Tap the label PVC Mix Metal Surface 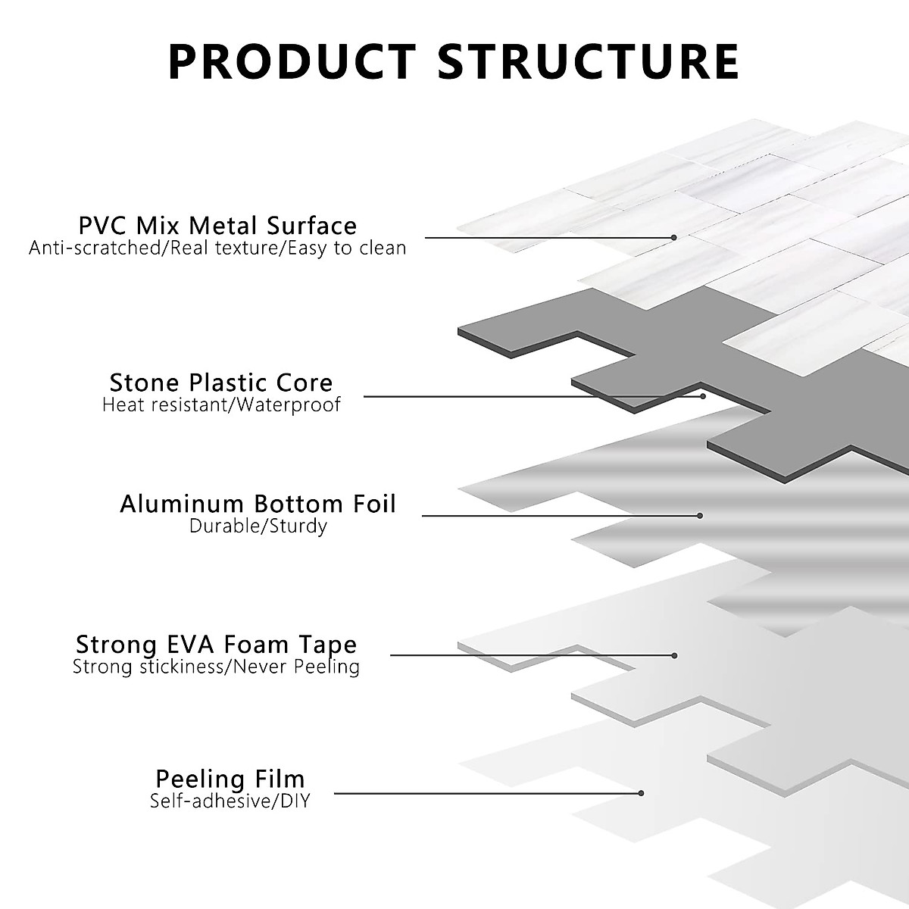(217, 225)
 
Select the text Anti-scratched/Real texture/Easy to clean (217, 248)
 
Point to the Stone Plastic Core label (221, 382)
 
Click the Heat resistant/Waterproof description (221, 405)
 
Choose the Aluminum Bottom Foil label (258, 504)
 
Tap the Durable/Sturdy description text (258, 526)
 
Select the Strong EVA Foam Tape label (216, 645)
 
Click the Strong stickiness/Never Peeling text (216, 667)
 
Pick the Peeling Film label (230, 779)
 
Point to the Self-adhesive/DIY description (230, 801)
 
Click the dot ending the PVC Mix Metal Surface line (673, 238)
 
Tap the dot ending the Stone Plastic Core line (703, 395)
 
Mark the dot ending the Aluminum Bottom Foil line (700, 516)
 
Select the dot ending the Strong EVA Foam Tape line (674, 655)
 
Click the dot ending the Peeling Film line (641, 793)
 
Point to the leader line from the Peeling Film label (485, 793)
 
